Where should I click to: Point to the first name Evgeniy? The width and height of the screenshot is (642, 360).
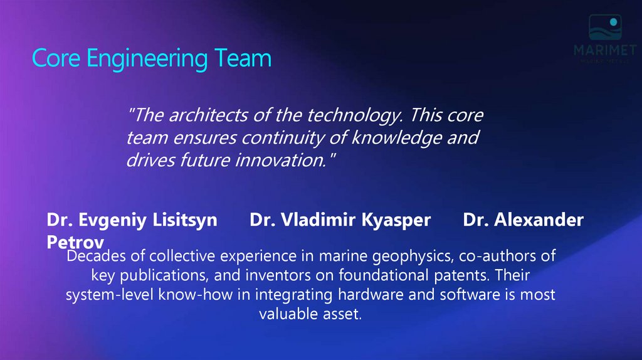106,220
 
